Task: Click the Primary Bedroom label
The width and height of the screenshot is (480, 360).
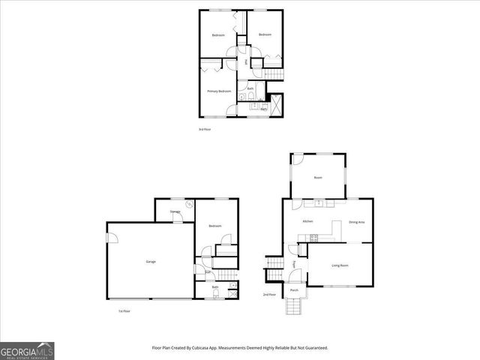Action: pyautogui.click(x=219, y=91)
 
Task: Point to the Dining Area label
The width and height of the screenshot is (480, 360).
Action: pyautogui.click(x=357, y=222)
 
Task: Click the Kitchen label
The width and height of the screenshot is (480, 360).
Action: pyautogui.click(x=307, y=222)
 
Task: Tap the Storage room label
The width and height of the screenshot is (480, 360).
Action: pyautogui.click(x=175, y=212)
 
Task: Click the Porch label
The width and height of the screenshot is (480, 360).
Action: pyautogui.click(x=294, y=289)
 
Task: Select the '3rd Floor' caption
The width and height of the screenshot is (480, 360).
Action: pyautogui.click(x=205, y=130)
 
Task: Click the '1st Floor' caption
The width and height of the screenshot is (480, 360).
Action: pyautogui.click(x=124, y=310)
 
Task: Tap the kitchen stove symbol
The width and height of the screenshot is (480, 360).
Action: pyautogui.click(x=314, y=238)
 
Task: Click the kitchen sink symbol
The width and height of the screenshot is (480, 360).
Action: pyautogui.click(x=319, y=202)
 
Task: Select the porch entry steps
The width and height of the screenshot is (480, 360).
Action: pyautogui.click(x=293, y=306)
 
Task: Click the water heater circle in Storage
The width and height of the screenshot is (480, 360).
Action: pyautogui.click(x=190, y=203)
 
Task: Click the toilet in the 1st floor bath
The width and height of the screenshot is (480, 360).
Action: pyautogui.click(x=216, y=294)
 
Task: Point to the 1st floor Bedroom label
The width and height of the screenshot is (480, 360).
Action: pyautogui.click(x=215, y=226)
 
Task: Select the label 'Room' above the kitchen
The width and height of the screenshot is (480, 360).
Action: pyautogui.click(x=318, y=178)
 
